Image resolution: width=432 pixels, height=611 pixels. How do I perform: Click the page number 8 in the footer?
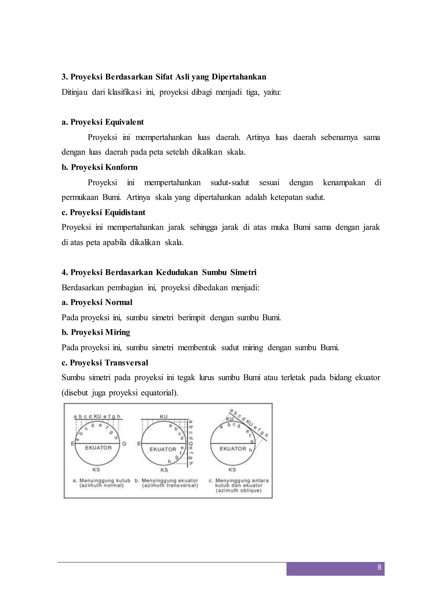click(x=379, y=567)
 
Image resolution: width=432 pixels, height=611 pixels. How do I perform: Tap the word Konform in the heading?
click(x=121, y=167)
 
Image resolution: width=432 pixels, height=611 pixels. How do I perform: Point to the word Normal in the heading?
click(x=119, y=302)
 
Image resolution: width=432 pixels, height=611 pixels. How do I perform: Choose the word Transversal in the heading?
click(x=126, y=363)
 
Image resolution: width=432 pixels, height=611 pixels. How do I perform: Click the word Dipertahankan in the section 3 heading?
click(x=239, y=77)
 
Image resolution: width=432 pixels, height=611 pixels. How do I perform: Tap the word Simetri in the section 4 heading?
click(x=243, y=273)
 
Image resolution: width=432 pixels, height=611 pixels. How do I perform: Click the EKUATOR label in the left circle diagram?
click(x=99, y=448)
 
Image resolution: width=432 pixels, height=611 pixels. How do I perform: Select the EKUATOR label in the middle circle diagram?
click(x=163, y=449)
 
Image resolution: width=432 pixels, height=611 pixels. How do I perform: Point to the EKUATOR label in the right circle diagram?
click(x=233, y=449)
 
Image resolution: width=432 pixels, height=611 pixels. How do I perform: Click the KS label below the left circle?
click(x=96, y=470)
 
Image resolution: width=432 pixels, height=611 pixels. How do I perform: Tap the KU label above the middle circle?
click(x=164, y=417)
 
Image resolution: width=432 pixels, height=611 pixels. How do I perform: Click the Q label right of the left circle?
click(x=124, y=444)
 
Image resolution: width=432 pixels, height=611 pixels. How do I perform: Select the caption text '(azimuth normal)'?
click(x=102, y=485)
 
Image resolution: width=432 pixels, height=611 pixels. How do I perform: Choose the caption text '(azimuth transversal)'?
click(x=170, y=485)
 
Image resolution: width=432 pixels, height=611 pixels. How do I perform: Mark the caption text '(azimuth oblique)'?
click(x=239, y=491)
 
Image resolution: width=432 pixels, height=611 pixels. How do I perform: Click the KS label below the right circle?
click(x=232, y=470)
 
